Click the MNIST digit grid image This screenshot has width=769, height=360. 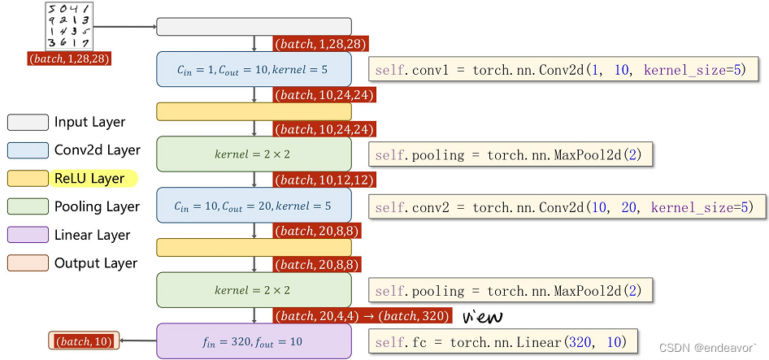point(68,26)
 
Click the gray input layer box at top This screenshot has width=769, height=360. point(254,27)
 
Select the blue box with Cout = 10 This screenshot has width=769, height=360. point(254,69)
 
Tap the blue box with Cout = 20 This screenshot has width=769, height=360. point(254,206)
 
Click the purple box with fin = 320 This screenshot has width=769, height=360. point(254,341)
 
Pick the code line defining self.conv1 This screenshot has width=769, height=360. point(563,71)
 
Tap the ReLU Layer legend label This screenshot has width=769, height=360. point(89,179)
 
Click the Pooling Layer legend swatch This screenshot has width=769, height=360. point(28,206)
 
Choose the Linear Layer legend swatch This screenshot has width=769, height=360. point(28,235)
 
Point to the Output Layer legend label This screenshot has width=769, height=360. point(96,263)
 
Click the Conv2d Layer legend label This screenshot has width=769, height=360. point(98,150)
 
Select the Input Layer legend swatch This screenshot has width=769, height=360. point(28,123)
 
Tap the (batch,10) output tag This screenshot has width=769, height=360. point(85,341)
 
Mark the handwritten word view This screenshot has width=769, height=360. point(483,315)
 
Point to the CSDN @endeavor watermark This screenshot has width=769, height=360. point(707,348)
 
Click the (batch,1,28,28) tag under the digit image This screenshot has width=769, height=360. point(69,59)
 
